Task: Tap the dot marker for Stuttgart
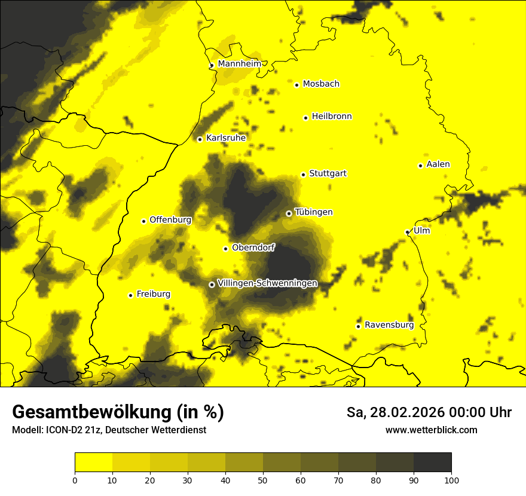coord(303,174)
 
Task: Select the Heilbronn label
coord(332,117)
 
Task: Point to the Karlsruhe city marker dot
coord(200,139)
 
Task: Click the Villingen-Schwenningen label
coord(267,283)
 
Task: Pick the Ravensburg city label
coord(389,325)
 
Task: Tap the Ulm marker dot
coord(407,232)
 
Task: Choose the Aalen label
coord(438,164)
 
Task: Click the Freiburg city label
coord(153,294)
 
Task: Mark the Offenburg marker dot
coord(143,221)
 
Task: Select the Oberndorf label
coord(253,247)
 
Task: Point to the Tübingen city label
coord(314,212)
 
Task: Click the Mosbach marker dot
coord(296,85)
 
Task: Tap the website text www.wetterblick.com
coord(431,430)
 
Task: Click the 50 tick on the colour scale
coord(263,480)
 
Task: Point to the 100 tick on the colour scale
coord(451,480)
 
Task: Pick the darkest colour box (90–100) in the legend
coord(432,463)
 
